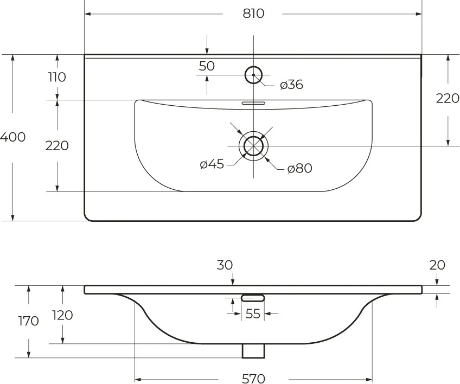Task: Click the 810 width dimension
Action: click(253, 14)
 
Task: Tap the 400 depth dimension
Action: click(12, 137)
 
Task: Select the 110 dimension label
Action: click(57, 77)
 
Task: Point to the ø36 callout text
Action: click(291, 85)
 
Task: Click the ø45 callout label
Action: click(212, 164)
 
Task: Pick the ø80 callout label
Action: click(299, 168)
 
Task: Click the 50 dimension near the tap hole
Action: click(207, 66)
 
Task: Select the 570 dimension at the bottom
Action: click(253, 379)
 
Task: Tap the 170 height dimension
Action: click(28, 321)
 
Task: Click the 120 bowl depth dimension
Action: click(62, 315)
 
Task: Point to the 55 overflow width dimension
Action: click(253, 314)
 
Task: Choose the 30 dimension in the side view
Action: click(225, 265)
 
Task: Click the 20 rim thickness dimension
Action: click(437, 265)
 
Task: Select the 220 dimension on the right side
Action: click(448, 98)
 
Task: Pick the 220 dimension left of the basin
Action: click(57, 145)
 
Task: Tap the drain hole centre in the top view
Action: click(253, 146)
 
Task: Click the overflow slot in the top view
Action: click(253, 103)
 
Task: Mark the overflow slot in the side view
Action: click(253, 298)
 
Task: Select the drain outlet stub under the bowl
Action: click(253, 351)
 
